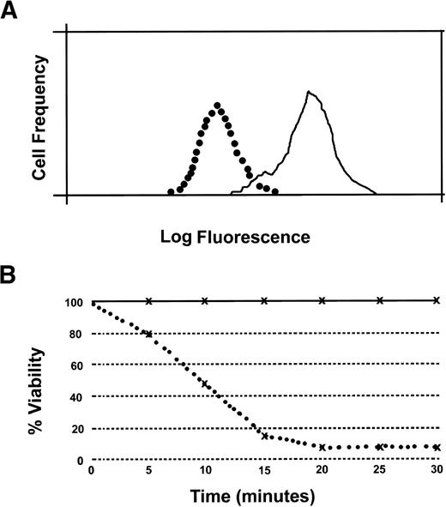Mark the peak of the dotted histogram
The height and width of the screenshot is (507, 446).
[218, 106]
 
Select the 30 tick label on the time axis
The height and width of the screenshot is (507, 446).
[437, 472]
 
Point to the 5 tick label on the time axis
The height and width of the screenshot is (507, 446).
[149, 472]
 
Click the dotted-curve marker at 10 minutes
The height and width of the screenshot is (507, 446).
[206, 383]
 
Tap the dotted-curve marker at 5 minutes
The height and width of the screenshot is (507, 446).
[149, 334]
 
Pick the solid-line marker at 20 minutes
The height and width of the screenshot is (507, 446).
[322, 300]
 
